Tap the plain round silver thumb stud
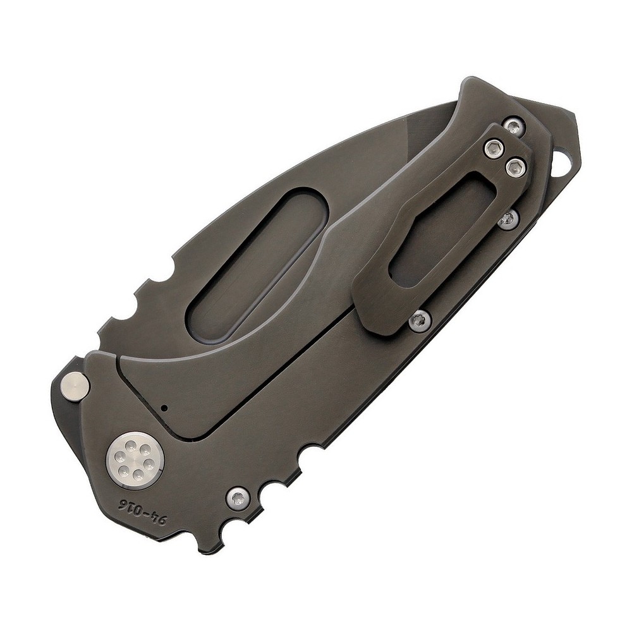pyautogui.click(x=75, y=387)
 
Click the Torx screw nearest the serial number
pyautogui.click(x=238, y=499)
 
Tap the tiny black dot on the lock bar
pyautogui.click(x=164, y=408)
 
